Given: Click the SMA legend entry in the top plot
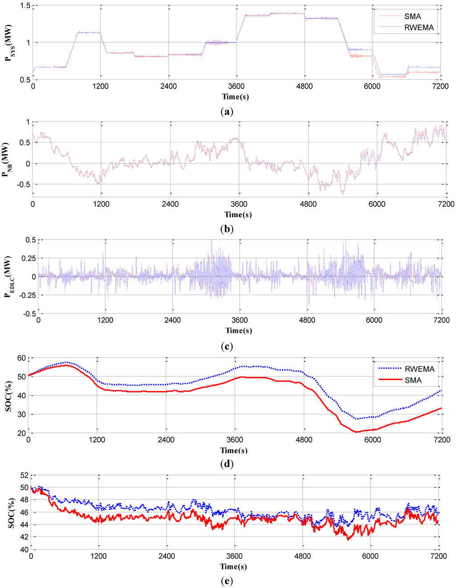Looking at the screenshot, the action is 400,16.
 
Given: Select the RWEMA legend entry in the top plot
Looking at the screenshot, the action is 406,27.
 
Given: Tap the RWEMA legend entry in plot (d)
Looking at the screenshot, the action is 407,369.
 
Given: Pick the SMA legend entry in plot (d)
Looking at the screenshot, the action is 400,381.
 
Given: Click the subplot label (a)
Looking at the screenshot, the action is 227,111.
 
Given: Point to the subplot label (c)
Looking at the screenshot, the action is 227,347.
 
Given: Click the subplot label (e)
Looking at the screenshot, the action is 227,581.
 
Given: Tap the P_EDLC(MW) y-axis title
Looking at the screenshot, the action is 8,276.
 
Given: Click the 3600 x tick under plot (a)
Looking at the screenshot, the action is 236,86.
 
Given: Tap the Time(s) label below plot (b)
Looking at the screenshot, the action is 238,215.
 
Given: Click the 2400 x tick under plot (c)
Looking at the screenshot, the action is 173,320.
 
